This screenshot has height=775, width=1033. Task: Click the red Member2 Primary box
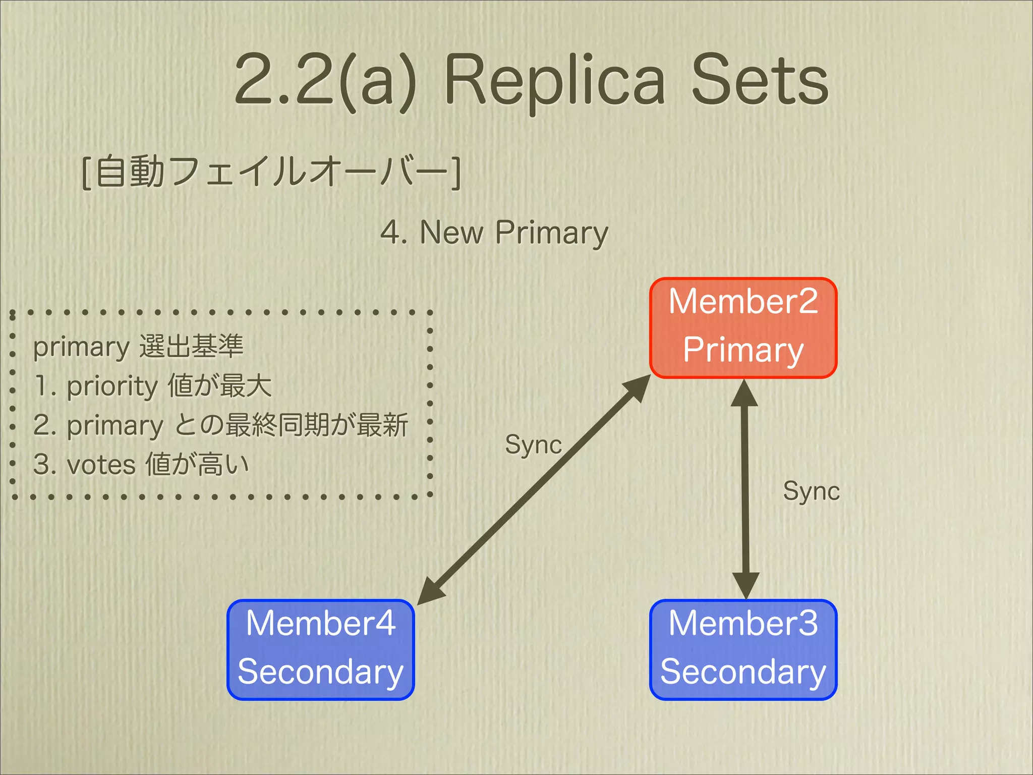[743, 327]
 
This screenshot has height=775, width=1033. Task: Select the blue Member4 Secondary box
[320, 649]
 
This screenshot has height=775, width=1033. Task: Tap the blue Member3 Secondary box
[743, 649]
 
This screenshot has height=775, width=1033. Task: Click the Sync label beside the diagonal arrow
[533, 445]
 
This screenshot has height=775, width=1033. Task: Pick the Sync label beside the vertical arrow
[811, 491]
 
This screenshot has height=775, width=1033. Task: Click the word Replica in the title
[554, 81]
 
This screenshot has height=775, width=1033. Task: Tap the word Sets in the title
[760, 81]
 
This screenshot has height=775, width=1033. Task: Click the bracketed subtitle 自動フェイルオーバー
[271, 173]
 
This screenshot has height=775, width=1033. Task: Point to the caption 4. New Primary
[494, 233]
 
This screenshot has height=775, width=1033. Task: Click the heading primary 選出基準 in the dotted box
[138, 347]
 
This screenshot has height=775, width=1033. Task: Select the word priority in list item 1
[112, 386]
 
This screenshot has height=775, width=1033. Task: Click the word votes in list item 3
[101, 465]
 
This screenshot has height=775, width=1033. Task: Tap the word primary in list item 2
[115, 426]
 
